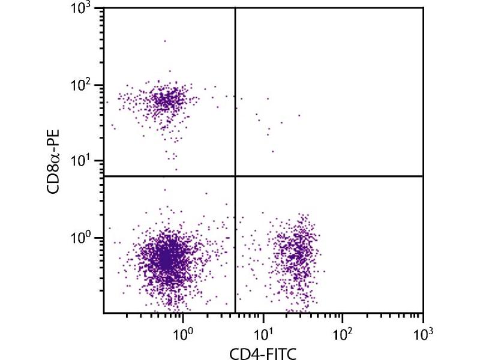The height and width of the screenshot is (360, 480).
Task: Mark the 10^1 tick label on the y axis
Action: pyautogui.click(x=90, y=160)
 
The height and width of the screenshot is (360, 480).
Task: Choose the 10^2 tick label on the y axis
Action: pyautogui.click(x=90, y=85)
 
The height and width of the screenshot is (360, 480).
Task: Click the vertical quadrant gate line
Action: pyautogui.click(x=235, y=90)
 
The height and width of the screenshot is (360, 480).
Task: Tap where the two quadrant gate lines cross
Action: pyautogui.click(x=235, y=176)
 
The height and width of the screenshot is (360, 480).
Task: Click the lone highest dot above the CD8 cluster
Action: pyautogui.click(x=165, y=41)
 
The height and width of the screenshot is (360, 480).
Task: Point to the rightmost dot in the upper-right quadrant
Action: pyautogui.click(x=299, y=115)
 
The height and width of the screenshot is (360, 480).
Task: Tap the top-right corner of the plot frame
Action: pyautogui.click(x=424, y=8)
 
